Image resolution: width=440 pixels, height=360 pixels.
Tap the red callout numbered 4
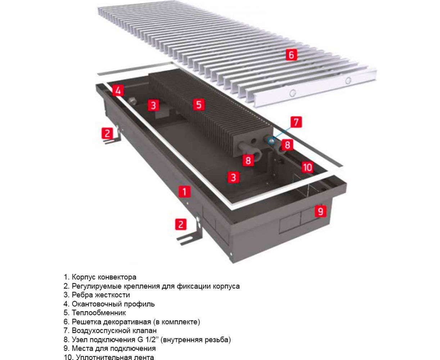(x=118, y=90)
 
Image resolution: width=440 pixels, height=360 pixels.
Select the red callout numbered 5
(x=199, y=105)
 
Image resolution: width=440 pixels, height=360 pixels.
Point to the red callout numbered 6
(x=291, y=55)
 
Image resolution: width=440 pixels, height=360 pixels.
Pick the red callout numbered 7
(x=296, y=122)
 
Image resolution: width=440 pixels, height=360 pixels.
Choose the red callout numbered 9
(x=320, y=211)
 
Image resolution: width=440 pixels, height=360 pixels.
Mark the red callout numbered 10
(x=307, y=167)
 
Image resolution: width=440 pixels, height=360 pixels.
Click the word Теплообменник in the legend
(x=99, y=313)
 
